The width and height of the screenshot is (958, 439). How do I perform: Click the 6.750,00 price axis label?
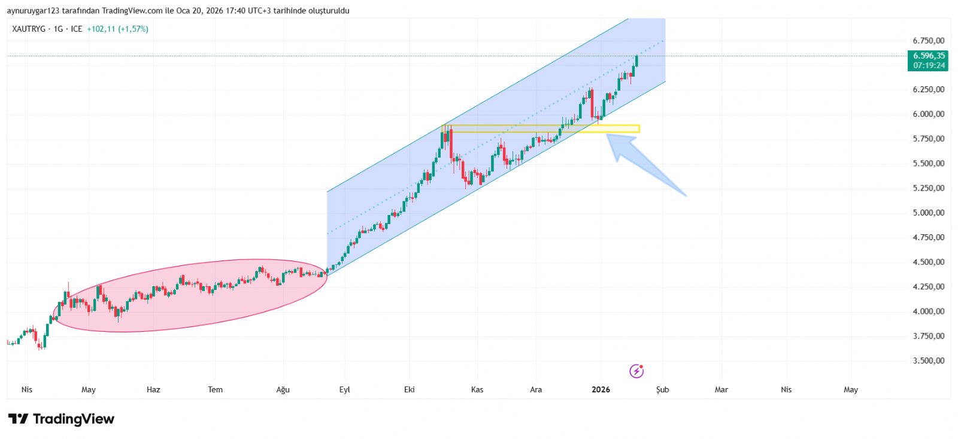[928, 41]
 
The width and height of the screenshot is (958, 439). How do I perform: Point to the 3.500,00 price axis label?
[928, 361]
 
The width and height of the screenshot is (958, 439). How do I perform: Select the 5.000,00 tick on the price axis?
[928, 213]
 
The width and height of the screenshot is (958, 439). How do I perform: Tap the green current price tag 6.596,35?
[928, 56]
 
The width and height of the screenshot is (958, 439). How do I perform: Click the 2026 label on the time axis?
[601, 390]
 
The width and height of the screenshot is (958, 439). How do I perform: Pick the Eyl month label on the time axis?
[344, 390]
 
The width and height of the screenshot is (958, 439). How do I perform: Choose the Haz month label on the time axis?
[153, 390]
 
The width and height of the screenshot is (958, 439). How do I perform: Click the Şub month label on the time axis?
[662, 390]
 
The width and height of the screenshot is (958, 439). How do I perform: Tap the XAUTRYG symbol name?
[29, 29]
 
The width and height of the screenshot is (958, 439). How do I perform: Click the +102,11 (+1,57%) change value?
[117, 29]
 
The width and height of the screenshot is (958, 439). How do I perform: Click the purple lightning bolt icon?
[636, 371]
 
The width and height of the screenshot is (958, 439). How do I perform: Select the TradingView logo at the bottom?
[61, 419]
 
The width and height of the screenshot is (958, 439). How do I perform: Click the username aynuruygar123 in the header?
[33, 11]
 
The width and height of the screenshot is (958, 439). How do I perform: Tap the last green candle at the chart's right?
[636, 60]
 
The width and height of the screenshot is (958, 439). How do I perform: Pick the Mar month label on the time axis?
[721, 390]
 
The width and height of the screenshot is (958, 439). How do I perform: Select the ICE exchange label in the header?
[77, 29]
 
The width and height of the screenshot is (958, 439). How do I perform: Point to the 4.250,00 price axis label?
[928, 287]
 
